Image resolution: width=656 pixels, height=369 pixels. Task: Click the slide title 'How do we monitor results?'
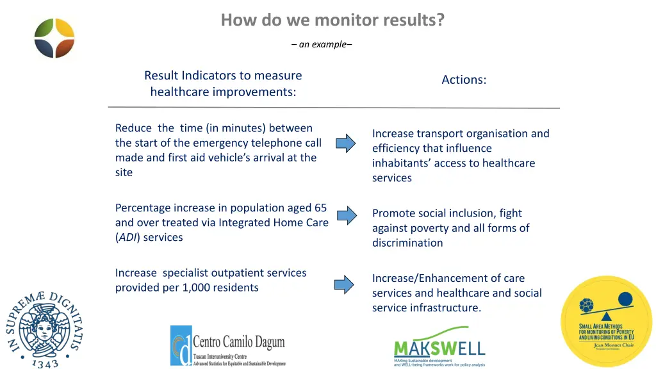click(x=332, y=20)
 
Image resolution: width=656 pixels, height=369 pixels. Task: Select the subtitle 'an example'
click(x=321, y=44)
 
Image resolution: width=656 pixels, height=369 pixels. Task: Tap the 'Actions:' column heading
click(x=464, y=79)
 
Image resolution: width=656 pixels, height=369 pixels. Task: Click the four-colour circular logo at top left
click(x=54, y=37)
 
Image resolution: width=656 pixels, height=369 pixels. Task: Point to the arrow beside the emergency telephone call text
click(x=346, y=143)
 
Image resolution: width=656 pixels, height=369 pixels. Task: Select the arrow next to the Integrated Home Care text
click(x=346, y=215)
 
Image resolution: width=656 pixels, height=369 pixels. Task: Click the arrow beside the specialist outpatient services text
click(x=344, y=284)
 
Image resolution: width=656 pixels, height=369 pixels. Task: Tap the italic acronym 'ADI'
click(x=126, y=237)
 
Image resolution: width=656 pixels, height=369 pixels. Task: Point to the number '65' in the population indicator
click(x=320, y=208)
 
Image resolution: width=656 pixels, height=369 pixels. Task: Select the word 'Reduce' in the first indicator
click(x=133, y=128)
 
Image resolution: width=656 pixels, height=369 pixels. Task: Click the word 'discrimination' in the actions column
click(x=407, y=243)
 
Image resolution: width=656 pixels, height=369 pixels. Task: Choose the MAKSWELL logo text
click(x=439, y=348)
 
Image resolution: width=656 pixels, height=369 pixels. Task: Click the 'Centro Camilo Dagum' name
click(x=238, y=341)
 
